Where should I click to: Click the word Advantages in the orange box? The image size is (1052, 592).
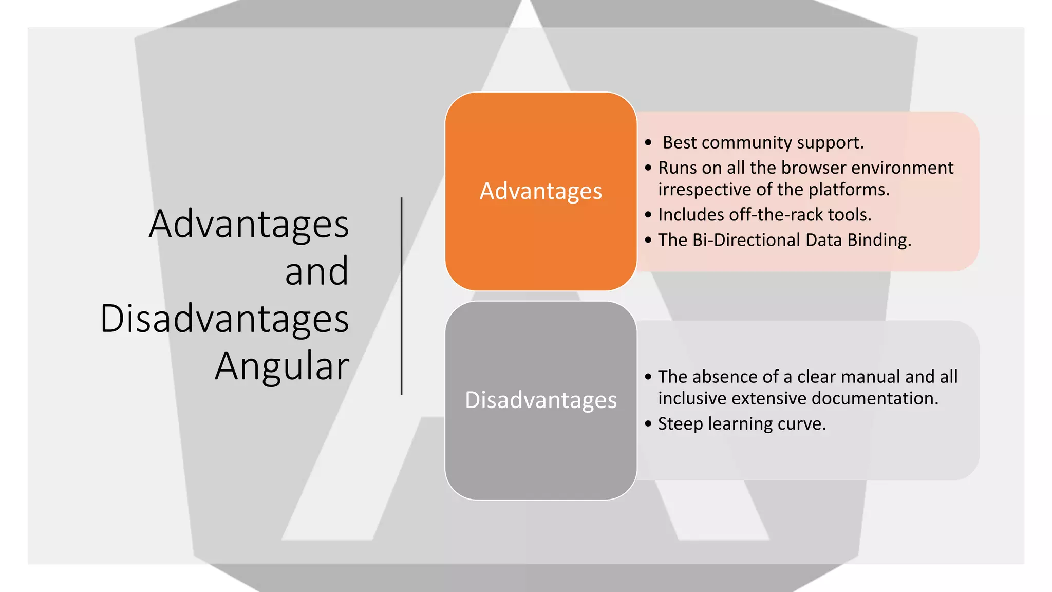pyautogui.click(x=540, y=191)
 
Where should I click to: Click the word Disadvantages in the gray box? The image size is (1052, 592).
pyautogui.click(x=540, y=400)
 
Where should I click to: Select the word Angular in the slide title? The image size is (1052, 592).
pyautogui.click(x=282, y=366)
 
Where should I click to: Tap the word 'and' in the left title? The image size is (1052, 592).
pyautogui.click(x=316, y=271)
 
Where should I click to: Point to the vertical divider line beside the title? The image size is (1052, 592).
pyautogui.click(x=401, y=295)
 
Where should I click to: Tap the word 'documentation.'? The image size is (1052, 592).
pyautogui.click(x=875, y=398)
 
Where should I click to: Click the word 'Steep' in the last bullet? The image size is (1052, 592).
pyautogui.click(x=680, y=424)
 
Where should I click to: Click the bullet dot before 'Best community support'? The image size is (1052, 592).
pyautogui.click(x=648, y=143)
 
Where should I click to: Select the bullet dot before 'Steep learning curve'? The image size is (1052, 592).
pyautogui.click(x=648, y=424)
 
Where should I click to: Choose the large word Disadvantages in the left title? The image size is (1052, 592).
pyautogui.click(x=224, y=319)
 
